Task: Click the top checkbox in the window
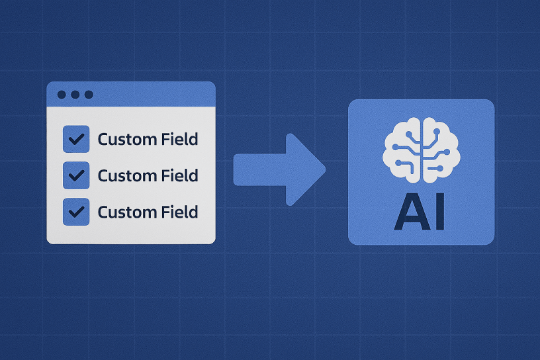(x=76, y=139)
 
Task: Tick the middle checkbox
(x=76, y=175)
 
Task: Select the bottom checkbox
(x=76, y=212)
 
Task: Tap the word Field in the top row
(x=180, y=139)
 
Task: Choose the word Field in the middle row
(x=180, y=175)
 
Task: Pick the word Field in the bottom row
(x=180, y=212)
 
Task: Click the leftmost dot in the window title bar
(x=62, y=95)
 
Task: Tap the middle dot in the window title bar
(x=75, y=95)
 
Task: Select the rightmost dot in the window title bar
(x=89, y=95)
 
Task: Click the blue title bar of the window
(x=152, y=95)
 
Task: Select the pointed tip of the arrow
(x=324, y=169)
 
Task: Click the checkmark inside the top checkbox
(x=76, y=139)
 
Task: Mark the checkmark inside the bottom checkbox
(x=76, y=212)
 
